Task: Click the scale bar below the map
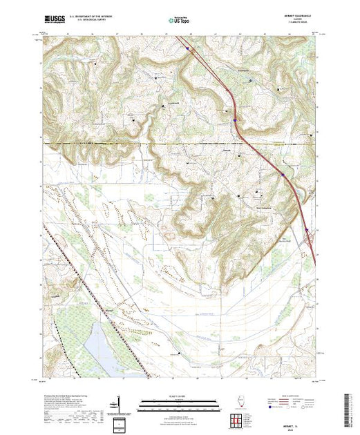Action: click(178, 404)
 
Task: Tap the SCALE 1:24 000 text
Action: click(178, 395)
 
